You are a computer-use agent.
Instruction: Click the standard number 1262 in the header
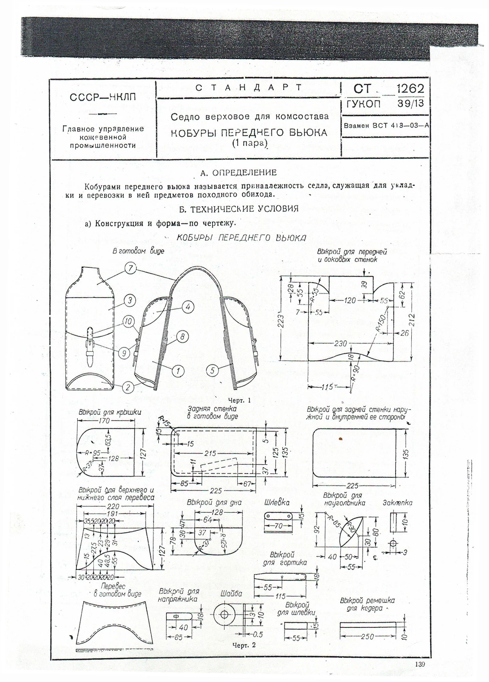410,89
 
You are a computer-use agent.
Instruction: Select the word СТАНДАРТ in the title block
249,88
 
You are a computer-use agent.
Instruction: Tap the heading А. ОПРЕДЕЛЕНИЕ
238,173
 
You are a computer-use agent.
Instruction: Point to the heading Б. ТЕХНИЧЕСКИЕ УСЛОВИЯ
239,209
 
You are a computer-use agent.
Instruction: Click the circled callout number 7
131,269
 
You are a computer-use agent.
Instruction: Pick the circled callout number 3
130,300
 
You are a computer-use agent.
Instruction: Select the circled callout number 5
212,370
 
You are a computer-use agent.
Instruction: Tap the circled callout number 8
182,337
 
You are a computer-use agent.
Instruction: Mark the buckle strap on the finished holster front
90,345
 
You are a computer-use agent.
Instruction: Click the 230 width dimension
341,343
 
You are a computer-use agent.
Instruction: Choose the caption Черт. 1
239,400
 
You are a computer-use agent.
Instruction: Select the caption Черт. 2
244,645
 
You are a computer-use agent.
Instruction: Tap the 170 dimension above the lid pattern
104,421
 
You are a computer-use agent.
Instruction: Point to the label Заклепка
398,503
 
